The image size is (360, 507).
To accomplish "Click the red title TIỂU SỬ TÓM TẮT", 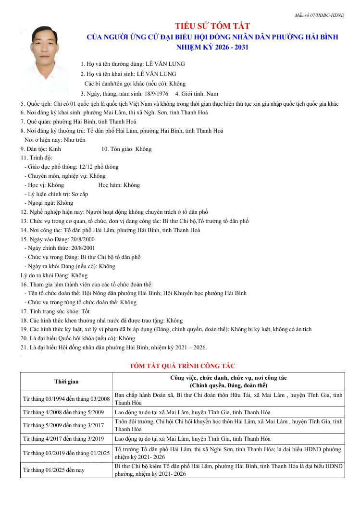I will [212, 26].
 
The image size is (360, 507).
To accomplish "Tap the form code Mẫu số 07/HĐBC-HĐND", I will [319, 15].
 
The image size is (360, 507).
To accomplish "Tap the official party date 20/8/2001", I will [80, 248].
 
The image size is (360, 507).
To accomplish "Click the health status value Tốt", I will [85, 311].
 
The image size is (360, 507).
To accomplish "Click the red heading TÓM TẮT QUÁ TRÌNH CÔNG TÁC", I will [182, 366].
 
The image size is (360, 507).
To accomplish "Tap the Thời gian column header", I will [66, 382].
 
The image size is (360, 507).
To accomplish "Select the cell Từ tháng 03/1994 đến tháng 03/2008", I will [66, 399].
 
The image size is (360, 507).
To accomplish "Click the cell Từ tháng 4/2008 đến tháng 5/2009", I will [63, 412].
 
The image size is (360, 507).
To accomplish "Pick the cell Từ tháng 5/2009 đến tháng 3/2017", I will [63, 425].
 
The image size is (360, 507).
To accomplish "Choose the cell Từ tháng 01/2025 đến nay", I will [54, 470].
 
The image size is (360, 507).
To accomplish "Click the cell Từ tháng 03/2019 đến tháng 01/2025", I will [66, 453].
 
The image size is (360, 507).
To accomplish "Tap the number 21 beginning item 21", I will [23, 347].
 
